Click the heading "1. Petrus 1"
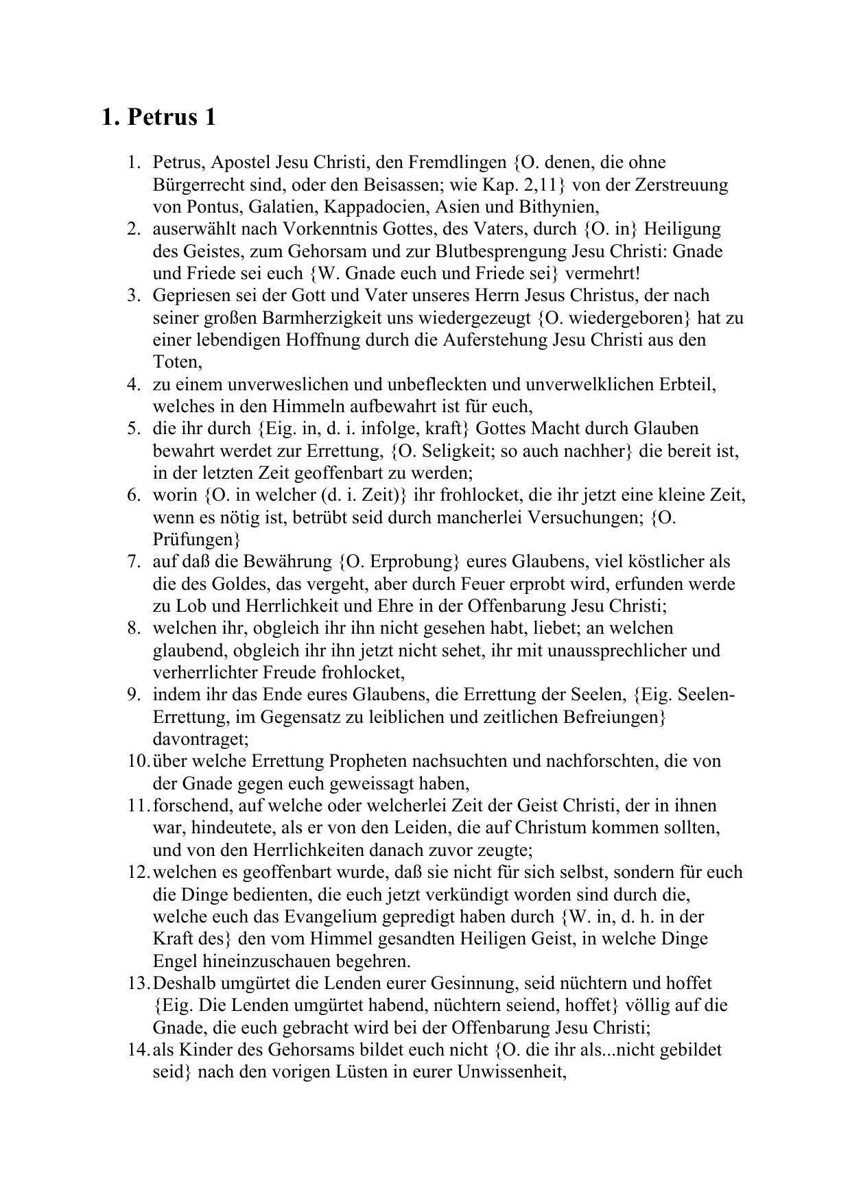pyautogui.click(x=158, y=117)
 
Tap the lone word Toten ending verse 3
pyautogui.click(x=176, y=362)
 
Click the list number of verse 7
pyautogui.click(x=134, y=562)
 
